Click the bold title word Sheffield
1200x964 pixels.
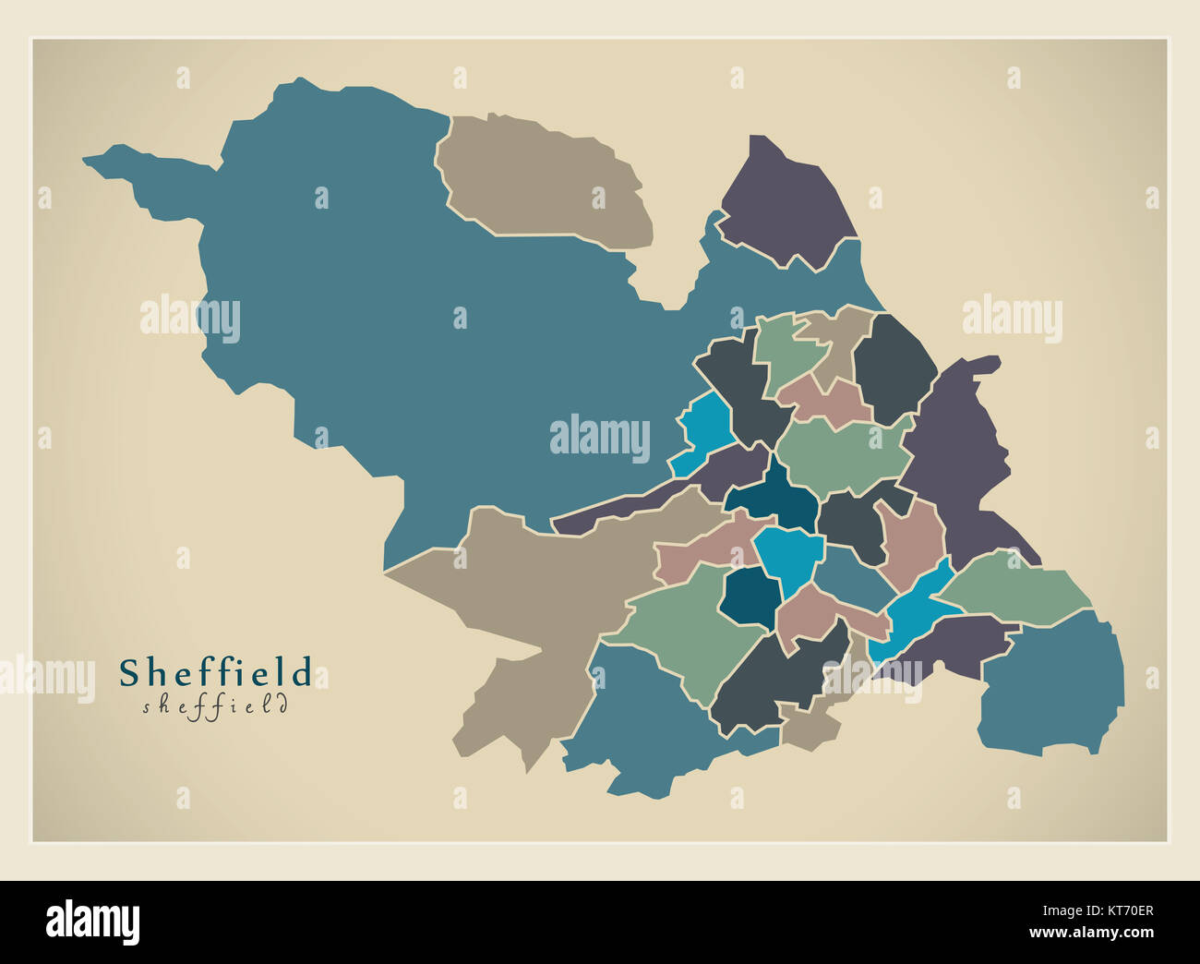tap(215, 672)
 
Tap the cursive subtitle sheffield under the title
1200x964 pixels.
tap(215, 706)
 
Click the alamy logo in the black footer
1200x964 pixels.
tap(93, 922)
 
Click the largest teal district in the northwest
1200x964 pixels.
tap(388, 305)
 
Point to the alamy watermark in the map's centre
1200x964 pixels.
tap(600, 437)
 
